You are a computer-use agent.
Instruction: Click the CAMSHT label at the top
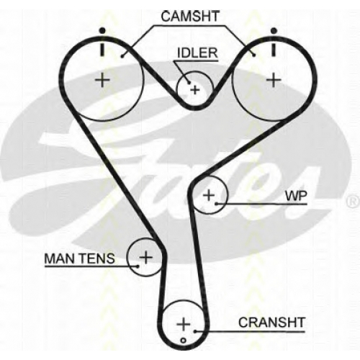pos(190,17)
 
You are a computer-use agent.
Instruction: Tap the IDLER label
pos(197,53)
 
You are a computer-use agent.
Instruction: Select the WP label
pos(296,196)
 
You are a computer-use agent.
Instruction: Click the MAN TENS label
pos(79,258)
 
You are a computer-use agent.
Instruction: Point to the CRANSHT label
pos(271,323)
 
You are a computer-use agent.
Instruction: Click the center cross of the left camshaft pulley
pos(102,80)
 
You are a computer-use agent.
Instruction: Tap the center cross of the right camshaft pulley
pos(274,80)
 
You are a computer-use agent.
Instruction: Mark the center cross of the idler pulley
pos(195,90)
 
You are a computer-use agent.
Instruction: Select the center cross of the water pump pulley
pos(209,194)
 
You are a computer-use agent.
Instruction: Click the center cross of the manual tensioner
pos(145,257)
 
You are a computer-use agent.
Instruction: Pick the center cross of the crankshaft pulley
pos(184,324)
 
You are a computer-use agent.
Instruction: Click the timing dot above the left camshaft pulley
pos(102,30)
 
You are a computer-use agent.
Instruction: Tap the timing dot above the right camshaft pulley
pos(274,30)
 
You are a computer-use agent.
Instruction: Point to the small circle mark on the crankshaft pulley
pos(184,341)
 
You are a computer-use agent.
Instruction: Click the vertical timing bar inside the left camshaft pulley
pos(102,50)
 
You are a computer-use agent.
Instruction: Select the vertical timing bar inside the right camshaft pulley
pos(274,50)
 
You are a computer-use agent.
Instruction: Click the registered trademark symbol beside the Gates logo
pos(352,202)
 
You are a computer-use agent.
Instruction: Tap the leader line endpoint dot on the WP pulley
pos(216,204)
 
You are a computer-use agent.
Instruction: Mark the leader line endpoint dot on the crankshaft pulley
pos(195,331)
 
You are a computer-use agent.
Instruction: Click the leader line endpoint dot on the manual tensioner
pos(138,266)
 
